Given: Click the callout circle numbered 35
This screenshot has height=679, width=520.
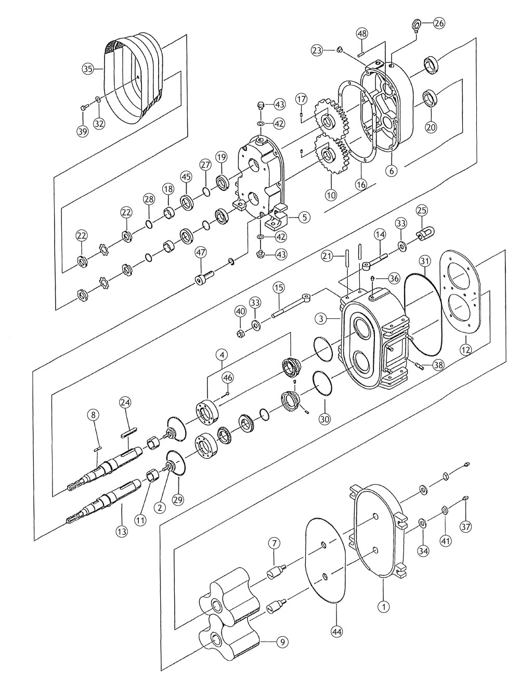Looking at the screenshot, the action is coord(88,69).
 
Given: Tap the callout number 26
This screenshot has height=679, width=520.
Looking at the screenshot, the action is coord(439,23).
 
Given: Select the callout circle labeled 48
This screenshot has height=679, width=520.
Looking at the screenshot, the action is coord(362,33).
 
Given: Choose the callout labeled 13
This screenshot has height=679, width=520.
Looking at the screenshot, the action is coord(122,531).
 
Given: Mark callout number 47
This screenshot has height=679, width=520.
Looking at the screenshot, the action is coord(201,252).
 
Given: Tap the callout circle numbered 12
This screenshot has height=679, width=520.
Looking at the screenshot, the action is coord(465,350).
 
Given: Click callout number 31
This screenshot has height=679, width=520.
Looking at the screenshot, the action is coord(425,261).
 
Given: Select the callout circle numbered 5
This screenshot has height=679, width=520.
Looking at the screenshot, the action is coord(305,217).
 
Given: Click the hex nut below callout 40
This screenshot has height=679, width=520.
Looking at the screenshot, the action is coord(240,332).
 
